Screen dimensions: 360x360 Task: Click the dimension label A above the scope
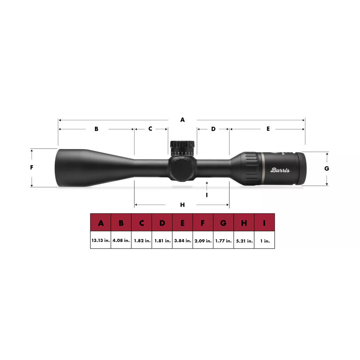pos(183,120)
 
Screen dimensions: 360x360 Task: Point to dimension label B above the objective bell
pos(96,129)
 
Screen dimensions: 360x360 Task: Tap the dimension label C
pos(150,129)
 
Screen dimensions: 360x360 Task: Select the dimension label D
pos(213,129)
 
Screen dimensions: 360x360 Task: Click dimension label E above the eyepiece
pos(268,129)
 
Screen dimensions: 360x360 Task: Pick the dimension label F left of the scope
pos(32,167)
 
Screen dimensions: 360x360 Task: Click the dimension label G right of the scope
pos(327,168)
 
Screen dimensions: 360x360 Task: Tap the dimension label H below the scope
pos(183,205)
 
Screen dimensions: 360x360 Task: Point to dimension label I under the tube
pos(207,195)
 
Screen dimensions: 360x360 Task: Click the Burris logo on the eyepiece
pos(280,170)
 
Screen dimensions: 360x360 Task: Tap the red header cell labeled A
pos(100,223)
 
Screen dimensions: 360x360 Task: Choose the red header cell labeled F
pos(203,223)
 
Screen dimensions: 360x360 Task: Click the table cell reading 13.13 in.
pos(100,240)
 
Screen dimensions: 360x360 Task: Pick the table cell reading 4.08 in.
pos(121,240)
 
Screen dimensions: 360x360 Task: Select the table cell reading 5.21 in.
pos(244,240)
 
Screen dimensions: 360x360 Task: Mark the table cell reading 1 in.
pos(265,240)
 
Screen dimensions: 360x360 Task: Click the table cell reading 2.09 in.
pos(203,240)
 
